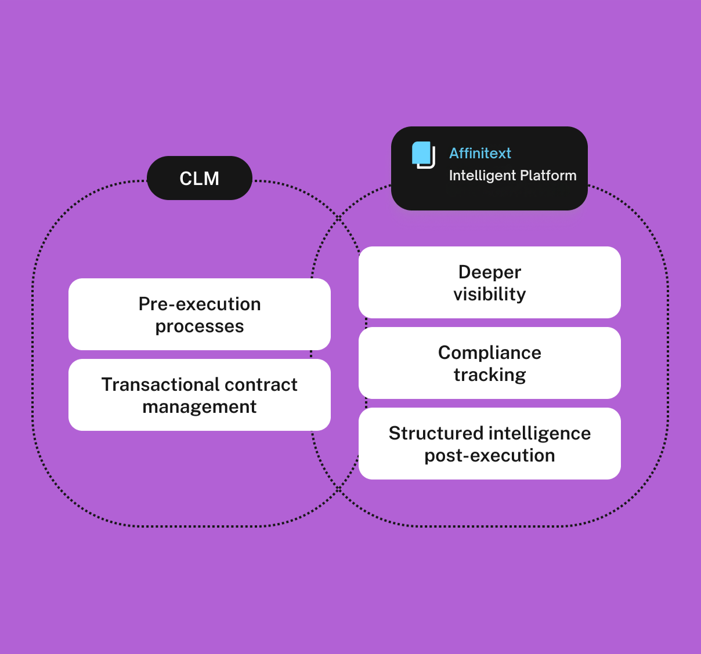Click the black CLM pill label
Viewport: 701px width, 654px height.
coord(199,178)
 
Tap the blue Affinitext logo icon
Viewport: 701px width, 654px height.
coord(423,154)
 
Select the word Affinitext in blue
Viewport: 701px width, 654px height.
coord(480,153)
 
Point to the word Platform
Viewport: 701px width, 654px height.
coord(548,176)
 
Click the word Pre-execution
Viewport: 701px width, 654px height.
coord(200,304)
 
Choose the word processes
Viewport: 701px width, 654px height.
coord(200,326)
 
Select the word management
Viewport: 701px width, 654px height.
coord(200,407)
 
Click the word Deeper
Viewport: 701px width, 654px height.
coord(490,272)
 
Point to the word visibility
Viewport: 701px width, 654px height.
coord(490,294)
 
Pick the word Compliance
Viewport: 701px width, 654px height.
coord(490,353)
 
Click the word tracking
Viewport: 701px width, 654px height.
coord(490,375)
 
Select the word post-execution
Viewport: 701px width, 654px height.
coord(490,456)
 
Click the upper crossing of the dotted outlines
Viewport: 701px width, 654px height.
coord(339,218)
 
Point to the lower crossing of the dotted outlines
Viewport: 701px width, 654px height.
coord(339,490)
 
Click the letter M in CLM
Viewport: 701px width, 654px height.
coord(211,179)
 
